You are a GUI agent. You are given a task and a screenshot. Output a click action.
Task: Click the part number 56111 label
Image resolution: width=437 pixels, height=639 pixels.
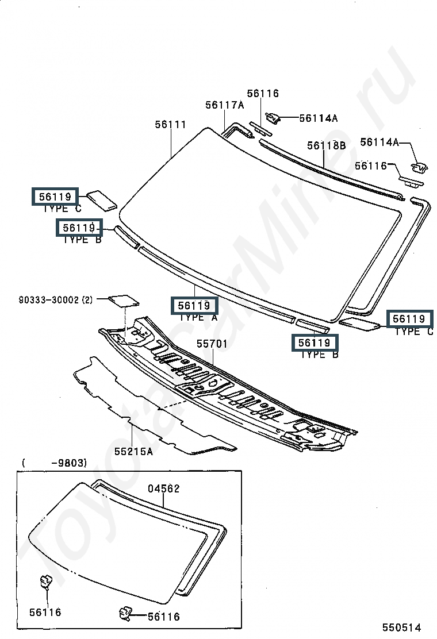(x=170, y=124)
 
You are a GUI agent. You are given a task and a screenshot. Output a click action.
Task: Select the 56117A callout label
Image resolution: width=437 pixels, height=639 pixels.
(x=225, y=105)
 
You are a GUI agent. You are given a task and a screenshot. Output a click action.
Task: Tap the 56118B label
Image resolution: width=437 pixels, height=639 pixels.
(x=327, y=145)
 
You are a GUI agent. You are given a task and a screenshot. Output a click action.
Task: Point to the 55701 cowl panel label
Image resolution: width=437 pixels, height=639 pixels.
(x=212, y=344)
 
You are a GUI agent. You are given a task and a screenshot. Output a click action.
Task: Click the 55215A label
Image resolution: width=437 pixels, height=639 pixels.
(x=134, y=452)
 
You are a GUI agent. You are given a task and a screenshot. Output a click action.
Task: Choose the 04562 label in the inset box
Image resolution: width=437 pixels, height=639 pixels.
(x=164, y=488)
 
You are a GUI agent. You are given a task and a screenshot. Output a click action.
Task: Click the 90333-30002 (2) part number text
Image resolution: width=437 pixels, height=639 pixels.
(x=56, y=300)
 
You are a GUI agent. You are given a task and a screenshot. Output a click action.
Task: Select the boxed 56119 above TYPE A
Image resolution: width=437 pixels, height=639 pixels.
(x=194, y=305)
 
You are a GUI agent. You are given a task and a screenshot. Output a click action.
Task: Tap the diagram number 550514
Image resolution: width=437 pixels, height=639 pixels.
(x=401, y=627)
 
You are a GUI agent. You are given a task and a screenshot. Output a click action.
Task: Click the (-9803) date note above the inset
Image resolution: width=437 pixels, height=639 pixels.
(x=54, y=463)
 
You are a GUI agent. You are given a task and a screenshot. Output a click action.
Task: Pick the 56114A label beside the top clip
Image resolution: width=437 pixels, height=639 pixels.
(x=319, y=118)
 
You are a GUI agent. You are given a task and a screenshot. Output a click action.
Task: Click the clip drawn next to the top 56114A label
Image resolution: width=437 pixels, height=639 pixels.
(x=273, y=118)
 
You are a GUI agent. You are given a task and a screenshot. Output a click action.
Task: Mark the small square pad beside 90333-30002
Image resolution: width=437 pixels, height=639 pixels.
(x=124, y=301)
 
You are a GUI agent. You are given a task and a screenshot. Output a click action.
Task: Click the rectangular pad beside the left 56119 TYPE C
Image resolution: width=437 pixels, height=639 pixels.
(x=102, y=200)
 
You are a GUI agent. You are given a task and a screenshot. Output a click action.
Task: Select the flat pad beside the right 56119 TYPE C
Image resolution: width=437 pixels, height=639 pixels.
(x=359, y=325)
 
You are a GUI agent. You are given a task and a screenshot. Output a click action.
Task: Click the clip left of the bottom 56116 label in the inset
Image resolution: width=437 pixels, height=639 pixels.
(x=125, y=614)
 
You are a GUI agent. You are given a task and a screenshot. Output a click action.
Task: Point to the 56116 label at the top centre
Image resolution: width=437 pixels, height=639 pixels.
(x=263, y=93)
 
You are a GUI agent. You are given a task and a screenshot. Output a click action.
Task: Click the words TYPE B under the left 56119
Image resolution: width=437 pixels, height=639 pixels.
(x=82, y=240)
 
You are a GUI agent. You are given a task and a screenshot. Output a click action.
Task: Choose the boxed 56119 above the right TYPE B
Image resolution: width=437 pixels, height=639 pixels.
(x=315, y=342)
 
